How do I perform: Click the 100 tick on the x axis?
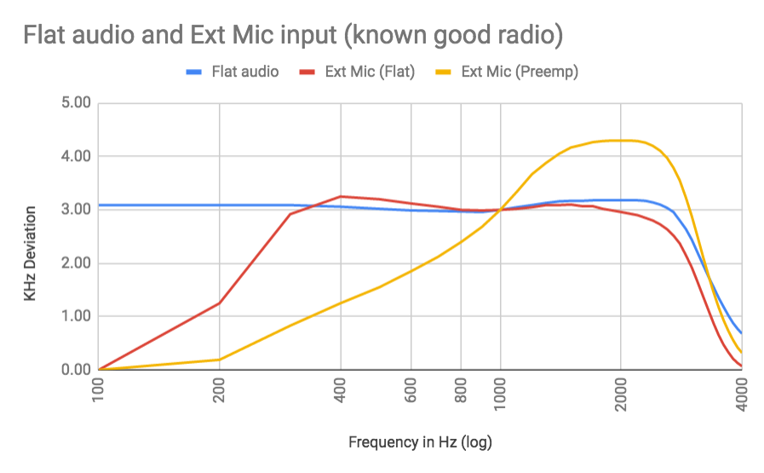click(100, 390)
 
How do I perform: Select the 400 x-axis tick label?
click(341, 390)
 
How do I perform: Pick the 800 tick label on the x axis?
click(461, 390)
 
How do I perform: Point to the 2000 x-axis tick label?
click(621, 394)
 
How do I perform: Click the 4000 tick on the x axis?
click(742, 394)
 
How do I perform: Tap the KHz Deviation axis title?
click(31, 253)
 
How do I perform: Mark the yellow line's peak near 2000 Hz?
click(621, 141)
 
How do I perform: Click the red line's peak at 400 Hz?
click(341, 196)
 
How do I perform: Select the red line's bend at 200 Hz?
click(220, 303)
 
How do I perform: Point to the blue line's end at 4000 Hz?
click(741, 332)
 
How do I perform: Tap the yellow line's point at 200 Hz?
click(220, 359)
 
